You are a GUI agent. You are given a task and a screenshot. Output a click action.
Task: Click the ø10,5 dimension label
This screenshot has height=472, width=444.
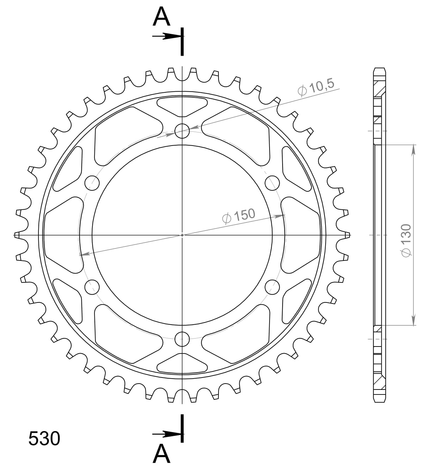(316, 88)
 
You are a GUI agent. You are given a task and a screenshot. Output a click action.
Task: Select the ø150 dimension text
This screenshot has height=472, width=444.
(239, 216)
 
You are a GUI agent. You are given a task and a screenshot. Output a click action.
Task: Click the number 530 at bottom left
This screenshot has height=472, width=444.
(44, 439)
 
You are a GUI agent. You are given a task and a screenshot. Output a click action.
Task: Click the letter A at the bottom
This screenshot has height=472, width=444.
(161, 454)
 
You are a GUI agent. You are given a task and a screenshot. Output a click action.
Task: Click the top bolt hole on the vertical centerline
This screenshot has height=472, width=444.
(182, 131)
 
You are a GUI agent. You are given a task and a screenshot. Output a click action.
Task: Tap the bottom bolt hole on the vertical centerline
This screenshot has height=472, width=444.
(182, 339)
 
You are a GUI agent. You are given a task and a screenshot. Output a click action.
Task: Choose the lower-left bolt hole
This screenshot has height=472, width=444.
(92, 287)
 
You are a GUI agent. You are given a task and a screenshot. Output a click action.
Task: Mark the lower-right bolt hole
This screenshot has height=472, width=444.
(272, 287)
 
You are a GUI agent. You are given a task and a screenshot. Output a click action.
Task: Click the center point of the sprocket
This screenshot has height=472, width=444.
(182, 235)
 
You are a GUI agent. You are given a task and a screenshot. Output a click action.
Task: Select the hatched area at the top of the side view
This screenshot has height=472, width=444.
(380, 90)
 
